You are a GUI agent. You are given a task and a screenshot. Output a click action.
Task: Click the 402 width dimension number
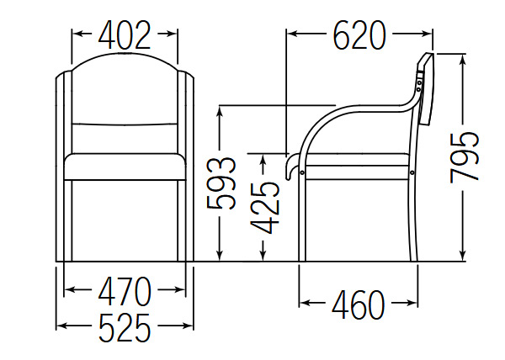click(125, 35)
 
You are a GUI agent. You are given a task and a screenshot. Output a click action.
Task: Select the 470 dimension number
click(125, 292)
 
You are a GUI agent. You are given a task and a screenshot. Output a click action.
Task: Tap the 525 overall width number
click(125, 327)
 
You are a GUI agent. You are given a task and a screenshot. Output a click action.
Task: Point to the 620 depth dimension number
click(359, 35)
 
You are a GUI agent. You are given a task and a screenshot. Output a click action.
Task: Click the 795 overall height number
click(464, 157)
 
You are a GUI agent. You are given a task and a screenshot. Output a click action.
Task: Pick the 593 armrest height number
click(221, 183)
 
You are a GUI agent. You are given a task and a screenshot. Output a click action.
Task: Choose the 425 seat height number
click(265, 208)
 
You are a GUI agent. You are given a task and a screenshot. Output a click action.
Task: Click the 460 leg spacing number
click(359, 304)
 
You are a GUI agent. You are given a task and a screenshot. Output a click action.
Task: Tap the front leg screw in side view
click(302, 172)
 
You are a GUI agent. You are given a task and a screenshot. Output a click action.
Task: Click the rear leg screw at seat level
click(412, 172)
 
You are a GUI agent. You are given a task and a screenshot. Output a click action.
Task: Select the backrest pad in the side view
click(426, 89)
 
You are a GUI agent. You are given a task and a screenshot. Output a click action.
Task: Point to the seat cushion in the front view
click(125, 167)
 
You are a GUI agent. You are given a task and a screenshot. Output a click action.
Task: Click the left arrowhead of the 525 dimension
click(61, 326)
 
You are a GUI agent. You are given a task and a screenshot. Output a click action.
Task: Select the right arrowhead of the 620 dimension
click(427, 34)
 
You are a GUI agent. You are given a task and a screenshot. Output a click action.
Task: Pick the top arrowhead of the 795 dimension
click(463, 60)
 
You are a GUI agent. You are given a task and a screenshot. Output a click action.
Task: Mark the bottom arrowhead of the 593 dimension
click(220, 255)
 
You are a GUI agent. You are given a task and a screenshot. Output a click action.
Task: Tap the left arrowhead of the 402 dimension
click(77, 34)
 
